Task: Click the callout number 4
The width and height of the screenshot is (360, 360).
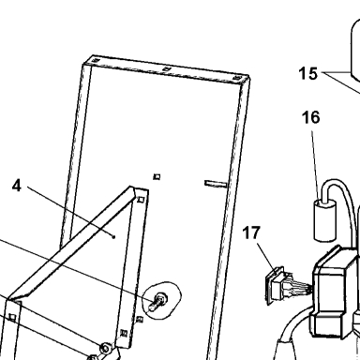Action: [17, 186]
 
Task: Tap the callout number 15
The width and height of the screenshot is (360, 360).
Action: [308, 73]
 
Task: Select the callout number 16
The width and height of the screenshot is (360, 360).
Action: [311, 117]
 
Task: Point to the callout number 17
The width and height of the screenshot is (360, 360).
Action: [251, 233]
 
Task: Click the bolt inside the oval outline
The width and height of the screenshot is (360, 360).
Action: [158, 301]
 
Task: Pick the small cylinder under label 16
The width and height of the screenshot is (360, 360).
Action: [325, 220]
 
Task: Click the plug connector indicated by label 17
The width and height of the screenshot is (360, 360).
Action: [278, 285]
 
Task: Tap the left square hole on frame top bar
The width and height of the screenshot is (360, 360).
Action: [96, 60]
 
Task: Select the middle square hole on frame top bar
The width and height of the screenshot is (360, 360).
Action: [167, 68]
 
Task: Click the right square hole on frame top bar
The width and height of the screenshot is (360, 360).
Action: [237, 78]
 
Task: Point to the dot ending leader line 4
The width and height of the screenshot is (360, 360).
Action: [114, 237]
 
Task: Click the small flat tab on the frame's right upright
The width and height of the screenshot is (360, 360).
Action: [216, 184]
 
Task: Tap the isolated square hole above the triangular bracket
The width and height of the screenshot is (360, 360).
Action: [157, 177]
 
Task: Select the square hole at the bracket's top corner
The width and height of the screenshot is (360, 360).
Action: [142, 200]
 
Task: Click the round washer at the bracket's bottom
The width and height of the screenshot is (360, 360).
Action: [105, 348]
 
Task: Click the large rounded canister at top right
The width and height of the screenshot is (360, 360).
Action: [355, 50]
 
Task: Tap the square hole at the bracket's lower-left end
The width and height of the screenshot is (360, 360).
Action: [12, 318]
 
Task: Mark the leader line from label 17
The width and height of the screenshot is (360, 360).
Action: [266, 256]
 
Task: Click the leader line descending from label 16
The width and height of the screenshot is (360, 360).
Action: [316, 165]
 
